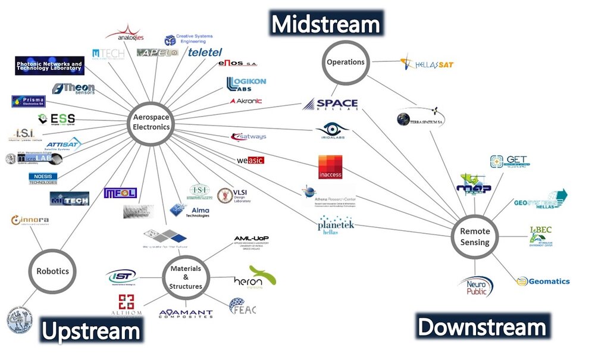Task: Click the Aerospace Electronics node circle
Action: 151,122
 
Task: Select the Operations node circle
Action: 346,62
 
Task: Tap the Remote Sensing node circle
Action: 475,237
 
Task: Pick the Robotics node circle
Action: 53,271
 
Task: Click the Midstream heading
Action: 325,24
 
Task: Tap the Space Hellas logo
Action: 331,105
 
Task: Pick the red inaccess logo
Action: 330,168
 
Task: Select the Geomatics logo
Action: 543,281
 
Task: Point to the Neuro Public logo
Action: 476,286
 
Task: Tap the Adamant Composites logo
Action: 186,313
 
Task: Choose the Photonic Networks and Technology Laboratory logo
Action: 50,65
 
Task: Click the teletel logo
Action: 205,52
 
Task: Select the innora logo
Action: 30,221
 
